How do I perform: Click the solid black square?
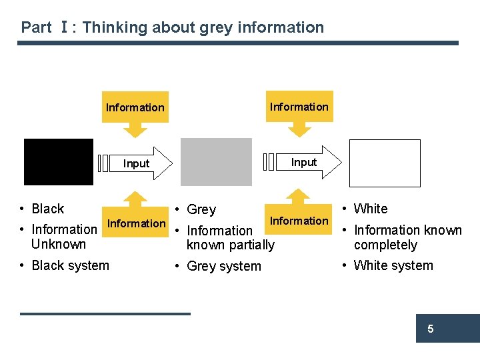pyautogui.click(x=59, y=162)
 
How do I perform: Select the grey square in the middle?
pyautogui.click(x=216, y=162)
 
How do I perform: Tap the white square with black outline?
pyautogui.click(x=385, y=163)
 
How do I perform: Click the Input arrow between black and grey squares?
pyautogui.click(x=137, y=163)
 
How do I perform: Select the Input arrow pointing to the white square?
pyautogui.click(x=303, y=162)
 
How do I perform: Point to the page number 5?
pyautogui.click(x=431, y=329)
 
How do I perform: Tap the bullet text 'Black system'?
pyautogui.click(x=70, y=265)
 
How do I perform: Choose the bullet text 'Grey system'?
pyautogui.click(x=224, y=266)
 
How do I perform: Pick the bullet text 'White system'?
pyautogui.click(x=393, y=265)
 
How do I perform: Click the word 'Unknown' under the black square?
pyautogui.click(x=59, y=244)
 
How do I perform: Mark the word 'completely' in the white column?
pyautogui.click(x=385, y=245)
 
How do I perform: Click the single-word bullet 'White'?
pyautogui.click(x=371, y=209)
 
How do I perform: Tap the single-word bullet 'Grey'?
pyautogui.click(x=201, y=209)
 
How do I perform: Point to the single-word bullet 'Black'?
pyautogui.click(x=48, y=209)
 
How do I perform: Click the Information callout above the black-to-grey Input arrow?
pyautogui.click(x=135, y=107)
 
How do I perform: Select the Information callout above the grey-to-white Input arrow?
pyautogui.click(x=299, y=107)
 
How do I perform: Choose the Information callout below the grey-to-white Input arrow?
pyautogui.click(x=299, y=221)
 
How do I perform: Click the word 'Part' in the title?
pyautogui.click(x=36, y=27)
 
